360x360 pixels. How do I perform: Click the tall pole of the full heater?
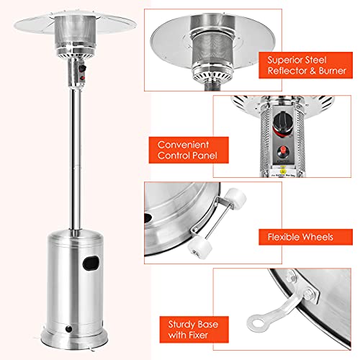pos(74,158)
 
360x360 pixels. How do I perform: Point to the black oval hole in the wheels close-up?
pos(149,217)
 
